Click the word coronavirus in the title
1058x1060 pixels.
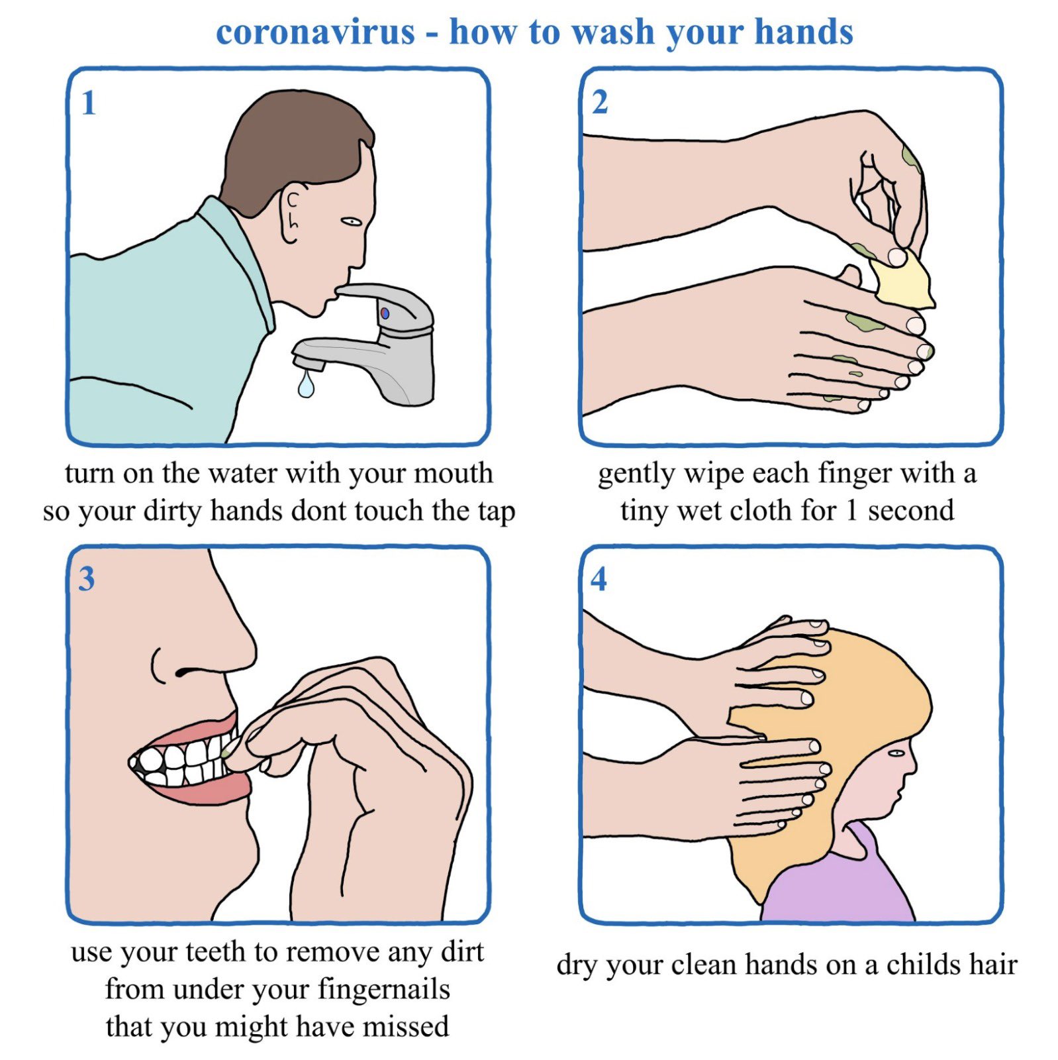(x=315, y=32)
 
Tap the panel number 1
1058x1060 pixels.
(x=89, y=103)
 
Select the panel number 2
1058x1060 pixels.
(x=600, y=103)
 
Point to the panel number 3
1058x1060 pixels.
(x=87, y=579)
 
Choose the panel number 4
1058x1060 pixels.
(x=599, y=579)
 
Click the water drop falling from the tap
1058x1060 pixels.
(x=305, y=386)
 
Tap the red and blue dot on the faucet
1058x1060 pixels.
(x=385, y=313)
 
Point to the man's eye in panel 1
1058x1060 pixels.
(x=351, y=221)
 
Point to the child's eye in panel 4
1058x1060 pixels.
(x=895, y=753)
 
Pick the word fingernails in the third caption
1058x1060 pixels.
(x=384, y=990)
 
